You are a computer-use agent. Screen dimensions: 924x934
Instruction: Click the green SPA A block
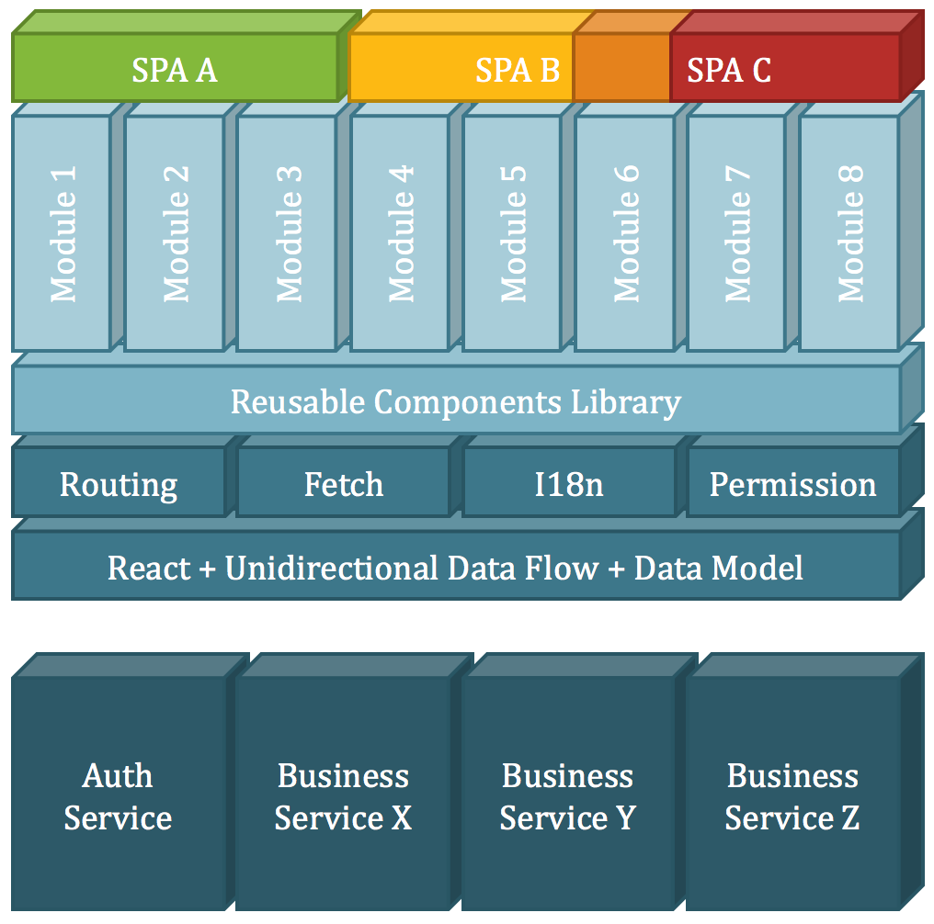coord(175,69)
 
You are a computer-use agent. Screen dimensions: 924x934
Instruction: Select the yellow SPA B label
coord(517,70)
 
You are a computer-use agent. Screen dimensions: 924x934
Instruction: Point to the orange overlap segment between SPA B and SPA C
coord(621,69)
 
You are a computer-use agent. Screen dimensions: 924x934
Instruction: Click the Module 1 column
coord(63,232)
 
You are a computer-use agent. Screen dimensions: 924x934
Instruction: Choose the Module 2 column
coord(175,232)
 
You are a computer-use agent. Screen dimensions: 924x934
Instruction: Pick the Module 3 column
coord(288,232)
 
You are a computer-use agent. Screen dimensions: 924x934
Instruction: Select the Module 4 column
coord(401,232)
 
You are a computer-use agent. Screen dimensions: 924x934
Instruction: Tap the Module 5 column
coord(512,232)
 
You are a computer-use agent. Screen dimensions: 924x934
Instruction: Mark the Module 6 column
coord(625,232)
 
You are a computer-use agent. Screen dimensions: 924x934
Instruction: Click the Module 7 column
coord(737,232)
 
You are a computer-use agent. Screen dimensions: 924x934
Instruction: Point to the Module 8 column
coord(849,232)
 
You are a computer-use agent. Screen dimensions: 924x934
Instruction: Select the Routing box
coord(119,484)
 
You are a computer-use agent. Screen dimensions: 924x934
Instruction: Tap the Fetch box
coord(344,484)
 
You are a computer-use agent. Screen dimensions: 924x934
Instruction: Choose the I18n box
coord(569,484)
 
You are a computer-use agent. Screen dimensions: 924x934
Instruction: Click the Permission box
coord(792,484)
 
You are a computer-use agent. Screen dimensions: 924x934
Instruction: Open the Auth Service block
coord(119,795)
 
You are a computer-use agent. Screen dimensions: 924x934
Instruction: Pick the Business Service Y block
coord(568,795)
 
